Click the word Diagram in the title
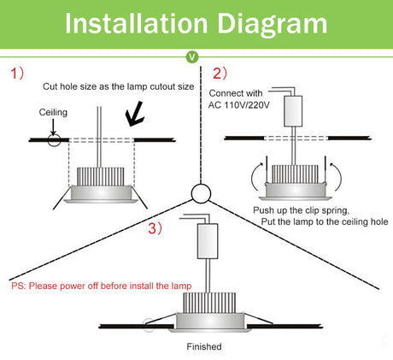[273, 26]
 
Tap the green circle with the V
[192, 56]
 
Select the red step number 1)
[17, 74]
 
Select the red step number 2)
[220, 74]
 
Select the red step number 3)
[155, 228]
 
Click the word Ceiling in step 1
[53, 112]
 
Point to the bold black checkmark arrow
[135, 114]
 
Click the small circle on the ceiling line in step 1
[54, 139]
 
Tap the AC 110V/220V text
[238, 105]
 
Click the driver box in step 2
[293, 111]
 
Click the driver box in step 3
[208, 241]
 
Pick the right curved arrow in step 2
[337, 176]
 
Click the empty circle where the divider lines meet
[201, 193]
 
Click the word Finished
[204, 346]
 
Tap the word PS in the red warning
[17, 286]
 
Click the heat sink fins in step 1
[101, 176]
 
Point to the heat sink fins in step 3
[209, 303]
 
